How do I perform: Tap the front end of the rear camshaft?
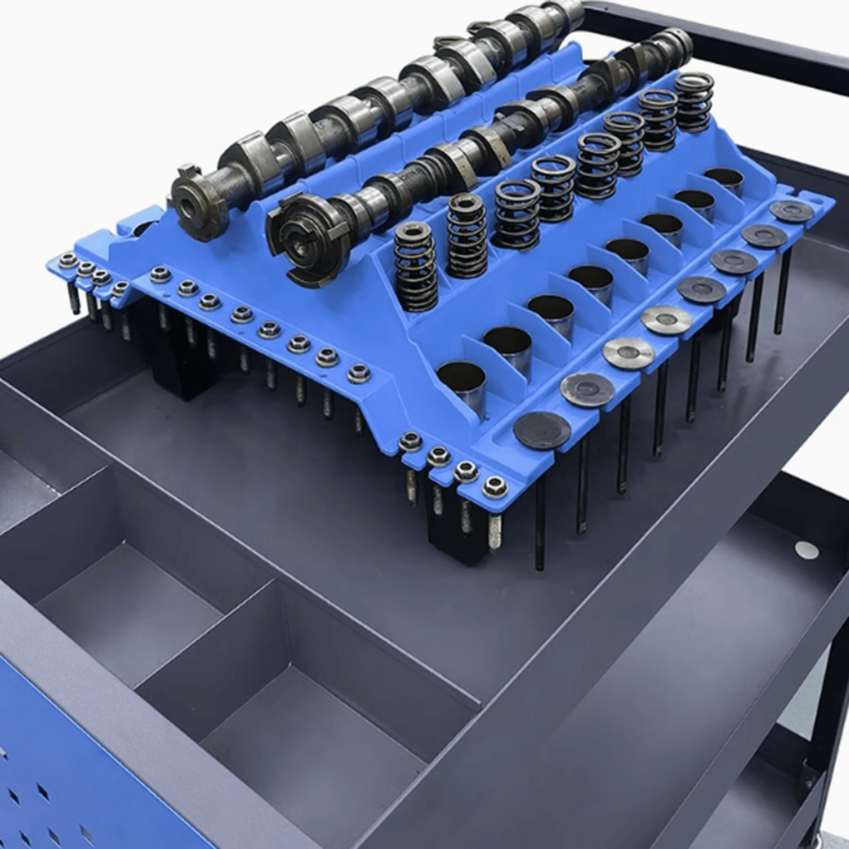tap(198, 200)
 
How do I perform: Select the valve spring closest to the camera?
tap(415, 266)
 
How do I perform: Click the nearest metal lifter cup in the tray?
tap(462, 383)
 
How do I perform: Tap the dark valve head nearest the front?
tap(541, 430)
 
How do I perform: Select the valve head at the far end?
tap(791, 210)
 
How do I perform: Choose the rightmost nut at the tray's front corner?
tap(494, 488)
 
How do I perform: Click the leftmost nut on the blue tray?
tap(67, 261)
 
